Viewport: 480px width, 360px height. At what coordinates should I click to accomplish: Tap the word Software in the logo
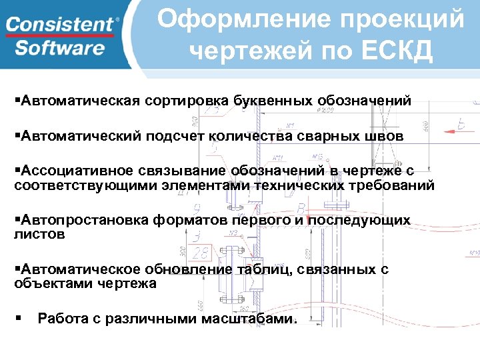tap(60, 48)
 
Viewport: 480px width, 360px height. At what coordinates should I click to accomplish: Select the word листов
tap(40, 234)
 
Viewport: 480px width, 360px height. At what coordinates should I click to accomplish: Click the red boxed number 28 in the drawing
tap(199, 252)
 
